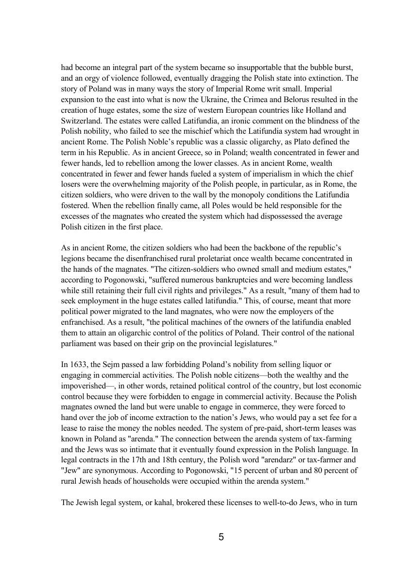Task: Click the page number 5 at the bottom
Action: [x=221, y=537]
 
